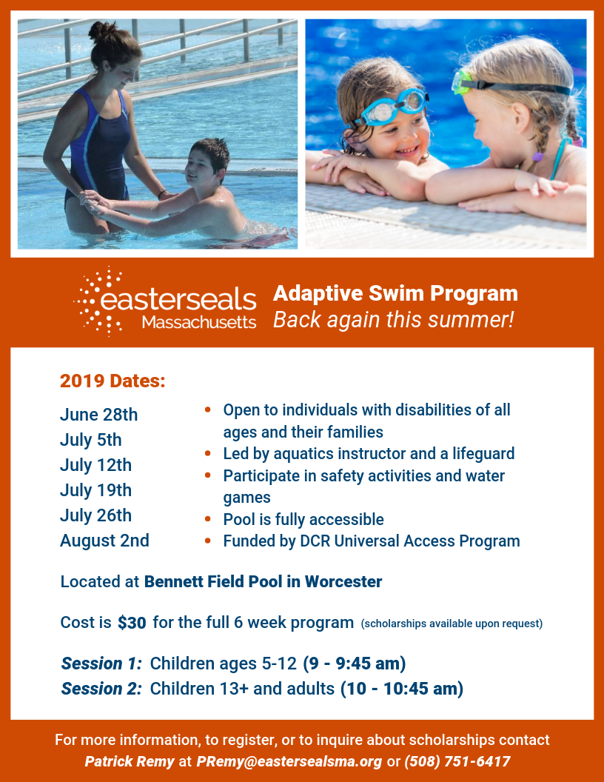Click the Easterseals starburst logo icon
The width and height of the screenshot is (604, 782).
(x=98, y=301)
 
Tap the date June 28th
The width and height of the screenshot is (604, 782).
(x=98, y=415)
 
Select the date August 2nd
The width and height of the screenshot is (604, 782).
(x=104, y=540)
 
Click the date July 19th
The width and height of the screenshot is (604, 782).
(x=95, y=490)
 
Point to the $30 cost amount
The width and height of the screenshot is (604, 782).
(x=132, y=622)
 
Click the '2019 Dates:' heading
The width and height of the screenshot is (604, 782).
(x=113, y=381)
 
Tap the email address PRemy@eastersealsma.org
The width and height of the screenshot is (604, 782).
(x=289, y=761)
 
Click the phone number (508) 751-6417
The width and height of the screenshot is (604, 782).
(x=457, y=761)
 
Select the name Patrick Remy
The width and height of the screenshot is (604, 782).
(x=130, y=761)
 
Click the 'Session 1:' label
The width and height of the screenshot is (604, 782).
(x=101, y=664)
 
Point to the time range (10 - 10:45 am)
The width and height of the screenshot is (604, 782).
(x=402, y=688)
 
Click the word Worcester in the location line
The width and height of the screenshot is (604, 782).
(x=343, y=581)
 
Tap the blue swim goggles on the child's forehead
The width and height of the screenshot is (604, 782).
(x=394, y=106)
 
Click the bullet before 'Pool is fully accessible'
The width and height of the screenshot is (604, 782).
(x=208, y=519)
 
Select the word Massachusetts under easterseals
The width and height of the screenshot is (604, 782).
(x=199, y=322)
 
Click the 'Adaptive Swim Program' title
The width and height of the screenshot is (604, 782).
(x=396, y=293)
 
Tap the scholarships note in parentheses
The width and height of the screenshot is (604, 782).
(x=452, y=624)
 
